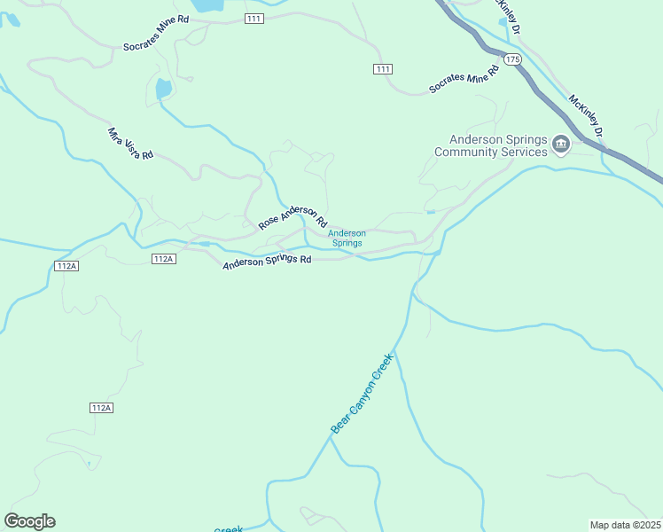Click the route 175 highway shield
coord(512,59)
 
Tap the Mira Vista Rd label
coord(130,143)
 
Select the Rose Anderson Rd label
coord(293,216)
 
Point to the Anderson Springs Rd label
coord(267,262)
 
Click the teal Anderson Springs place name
coord(347,238)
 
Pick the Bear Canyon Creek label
coord(361,394)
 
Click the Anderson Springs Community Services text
coord(490,145)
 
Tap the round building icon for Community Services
coord(560,144)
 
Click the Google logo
coord(29,521)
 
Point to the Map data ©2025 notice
coord(625,525)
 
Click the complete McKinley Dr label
coord(586,116)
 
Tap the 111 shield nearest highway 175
coord(382,69)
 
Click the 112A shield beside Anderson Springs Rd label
coord(163,259)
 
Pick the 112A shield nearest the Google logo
coord(101,408)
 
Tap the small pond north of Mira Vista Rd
coord(163,89)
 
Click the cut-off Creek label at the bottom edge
coord(229,529)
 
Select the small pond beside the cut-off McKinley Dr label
coord(503,20)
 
